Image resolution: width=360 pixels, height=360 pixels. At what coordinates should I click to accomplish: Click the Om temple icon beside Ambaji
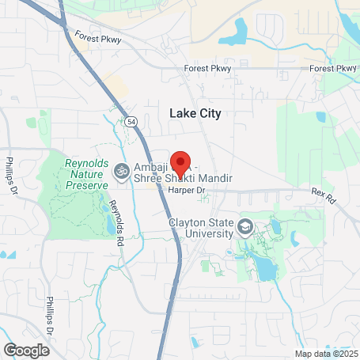coord(121,169)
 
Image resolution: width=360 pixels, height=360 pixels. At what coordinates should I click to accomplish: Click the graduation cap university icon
coord(245,229)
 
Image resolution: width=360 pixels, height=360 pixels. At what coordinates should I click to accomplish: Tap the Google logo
coord(25,349)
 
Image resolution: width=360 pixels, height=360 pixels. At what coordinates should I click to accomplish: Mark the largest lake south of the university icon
coord(267,271)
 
